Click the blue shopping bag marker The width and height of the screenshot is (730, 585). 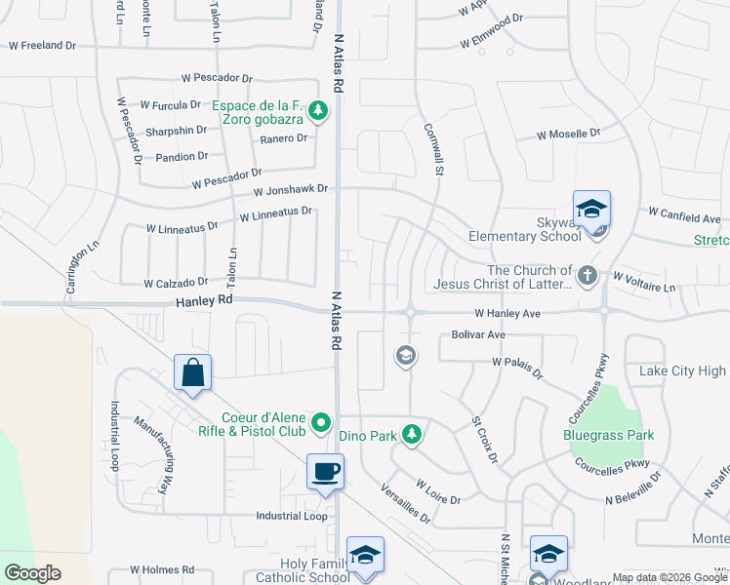pyautogui.click(x=193, y=373)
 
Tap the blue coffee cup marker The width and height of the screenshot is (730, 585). pyautogui.click(x=325, y=473)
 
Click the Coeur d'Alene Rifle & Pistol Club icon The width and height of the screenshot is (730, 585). pyautogui.click(x=321, y=425)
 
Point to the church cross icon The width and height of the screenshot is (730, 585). pyautogui.click(x=587, y=276)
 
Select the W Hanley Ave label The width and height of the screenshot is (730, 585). pyautogui.click(x=507, y=314)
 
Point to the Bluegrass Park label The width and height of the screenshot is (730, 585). pyautogui.click(x=609, y=435)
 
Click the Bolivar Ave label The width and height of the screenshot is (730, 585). pyautogui.click(x=478, y=334)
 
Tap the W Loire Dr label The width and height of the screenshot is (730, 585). pyautogui.click(x=437, y=490)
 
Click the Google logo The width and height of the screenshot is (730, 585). pyautogui.click(x=32, y=572)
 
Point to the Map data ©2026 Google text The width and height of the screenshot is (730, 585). pyautogui.click(x=669, y=577)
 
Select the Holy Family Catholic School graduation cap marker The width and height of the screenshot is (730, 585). pyautogui.click(x=365, y=556)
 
